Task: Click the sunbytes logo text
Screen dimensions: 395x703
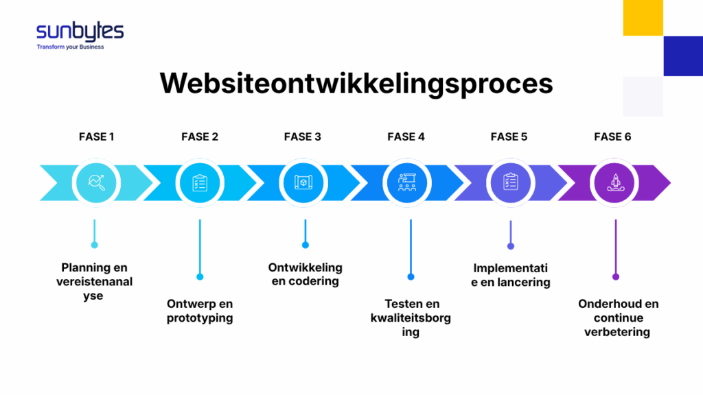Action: point(80,32)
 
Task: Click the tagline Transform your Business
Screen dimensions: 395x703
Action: point(70,47)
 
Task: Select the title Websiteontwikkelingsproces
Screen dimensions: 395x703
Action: point(356,83)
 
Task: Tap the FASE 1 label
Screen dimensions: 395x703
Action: point(96,136)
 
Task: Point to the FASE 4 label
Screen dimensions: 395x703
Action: point(406,136)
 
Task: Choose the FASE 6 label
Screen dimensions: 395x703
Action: point(612,136)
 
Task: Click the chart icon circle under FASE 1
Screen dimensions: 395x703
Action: point(95,182)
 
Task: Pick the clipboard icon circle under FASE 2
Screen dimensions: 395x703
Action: point(200,182)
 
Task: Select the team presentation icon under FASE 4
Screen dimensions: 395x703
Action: point(407,182)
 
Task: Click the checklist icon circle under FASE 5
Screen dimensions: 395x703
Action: point(511,182)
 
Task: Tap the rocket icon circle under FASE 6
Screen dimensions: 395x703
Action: point(615,182)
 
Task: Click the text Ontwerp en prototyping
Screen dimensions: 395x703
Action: point(200,311)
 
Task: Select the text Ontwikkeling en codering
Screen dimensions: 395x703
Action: point(305,274)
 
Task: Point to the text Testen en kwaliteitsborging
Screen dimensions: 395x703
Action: point(411,318)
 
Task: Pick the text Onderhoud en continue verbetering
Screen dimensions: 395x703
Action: point(618,318)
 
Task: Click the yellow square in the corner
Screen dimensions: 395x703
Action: point(643,18)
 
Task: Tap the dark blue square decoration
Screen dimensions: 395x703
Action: point(682,56)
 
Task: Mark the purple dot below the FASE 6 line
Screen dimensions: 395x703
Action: point(616,277)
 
